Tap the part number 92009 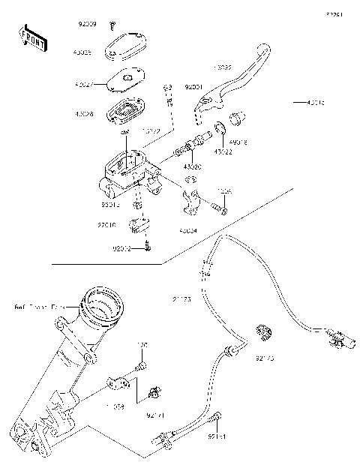pyautogui.click(x=88, y=25)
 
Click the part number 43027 pyautogui.click(x=84, y=85)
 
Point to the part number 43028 pyautogui.click(x=84, y=113)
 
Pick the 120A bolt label pyautogui.click(x=225, y=192)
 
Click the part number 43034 pyautogui.click(x=190, y=232)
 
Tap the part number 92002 pyautogui.click(x=122, y=247)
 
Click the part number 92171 pyautogui.click(x=155, y=413)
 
